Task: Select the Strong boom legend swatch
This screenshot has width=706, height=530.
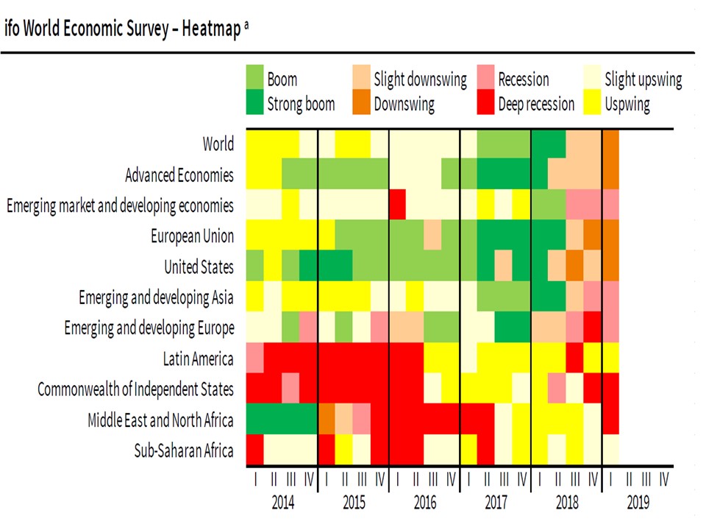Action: pyautogui.click(x=254, y=104)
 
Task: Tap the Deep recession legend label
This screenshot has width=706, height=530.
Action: pyautogui.click(x=536, y=104)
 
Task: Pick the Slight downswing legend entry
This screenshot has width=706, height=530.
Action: pyautogui.click(x=420, y=79)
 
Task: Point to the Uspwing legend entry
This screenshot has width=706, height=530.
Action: pyautogui.click(x=627, y=104)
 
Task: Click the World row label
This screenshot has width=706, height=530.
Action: pyautogui.click(x=218, y=144)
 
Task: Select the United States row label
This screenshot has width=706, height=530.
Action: pyautogui.click(x=199, y=266)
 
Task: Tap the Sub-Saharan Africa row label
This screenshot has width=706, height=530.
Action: pyautogui.click(x=184, y=451)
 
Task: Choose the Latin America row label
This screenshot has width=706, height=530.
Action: pyautogui.click(x=198, y=358)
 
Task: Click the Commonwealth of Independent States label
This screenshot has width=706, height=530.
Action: pyautogui.click(x=135, y=389)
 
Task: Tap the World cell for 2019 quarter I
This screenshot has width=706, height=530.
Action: pyautogui.click(x=611, y=144)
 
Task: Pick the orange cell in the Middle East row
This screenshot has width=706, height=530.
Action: pyautogui.click(x=326, y=420)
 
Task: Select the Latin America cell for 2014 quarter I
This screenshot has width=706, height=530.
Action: pyautogui.click(x=254, y=358)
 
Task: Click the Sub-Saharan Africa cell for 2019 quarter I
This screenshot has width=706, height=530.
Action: pyautogui.click(x=611, y=451)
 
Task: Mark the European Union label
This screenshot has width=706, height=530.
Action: pyautogui.click(x=193, y=236)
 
